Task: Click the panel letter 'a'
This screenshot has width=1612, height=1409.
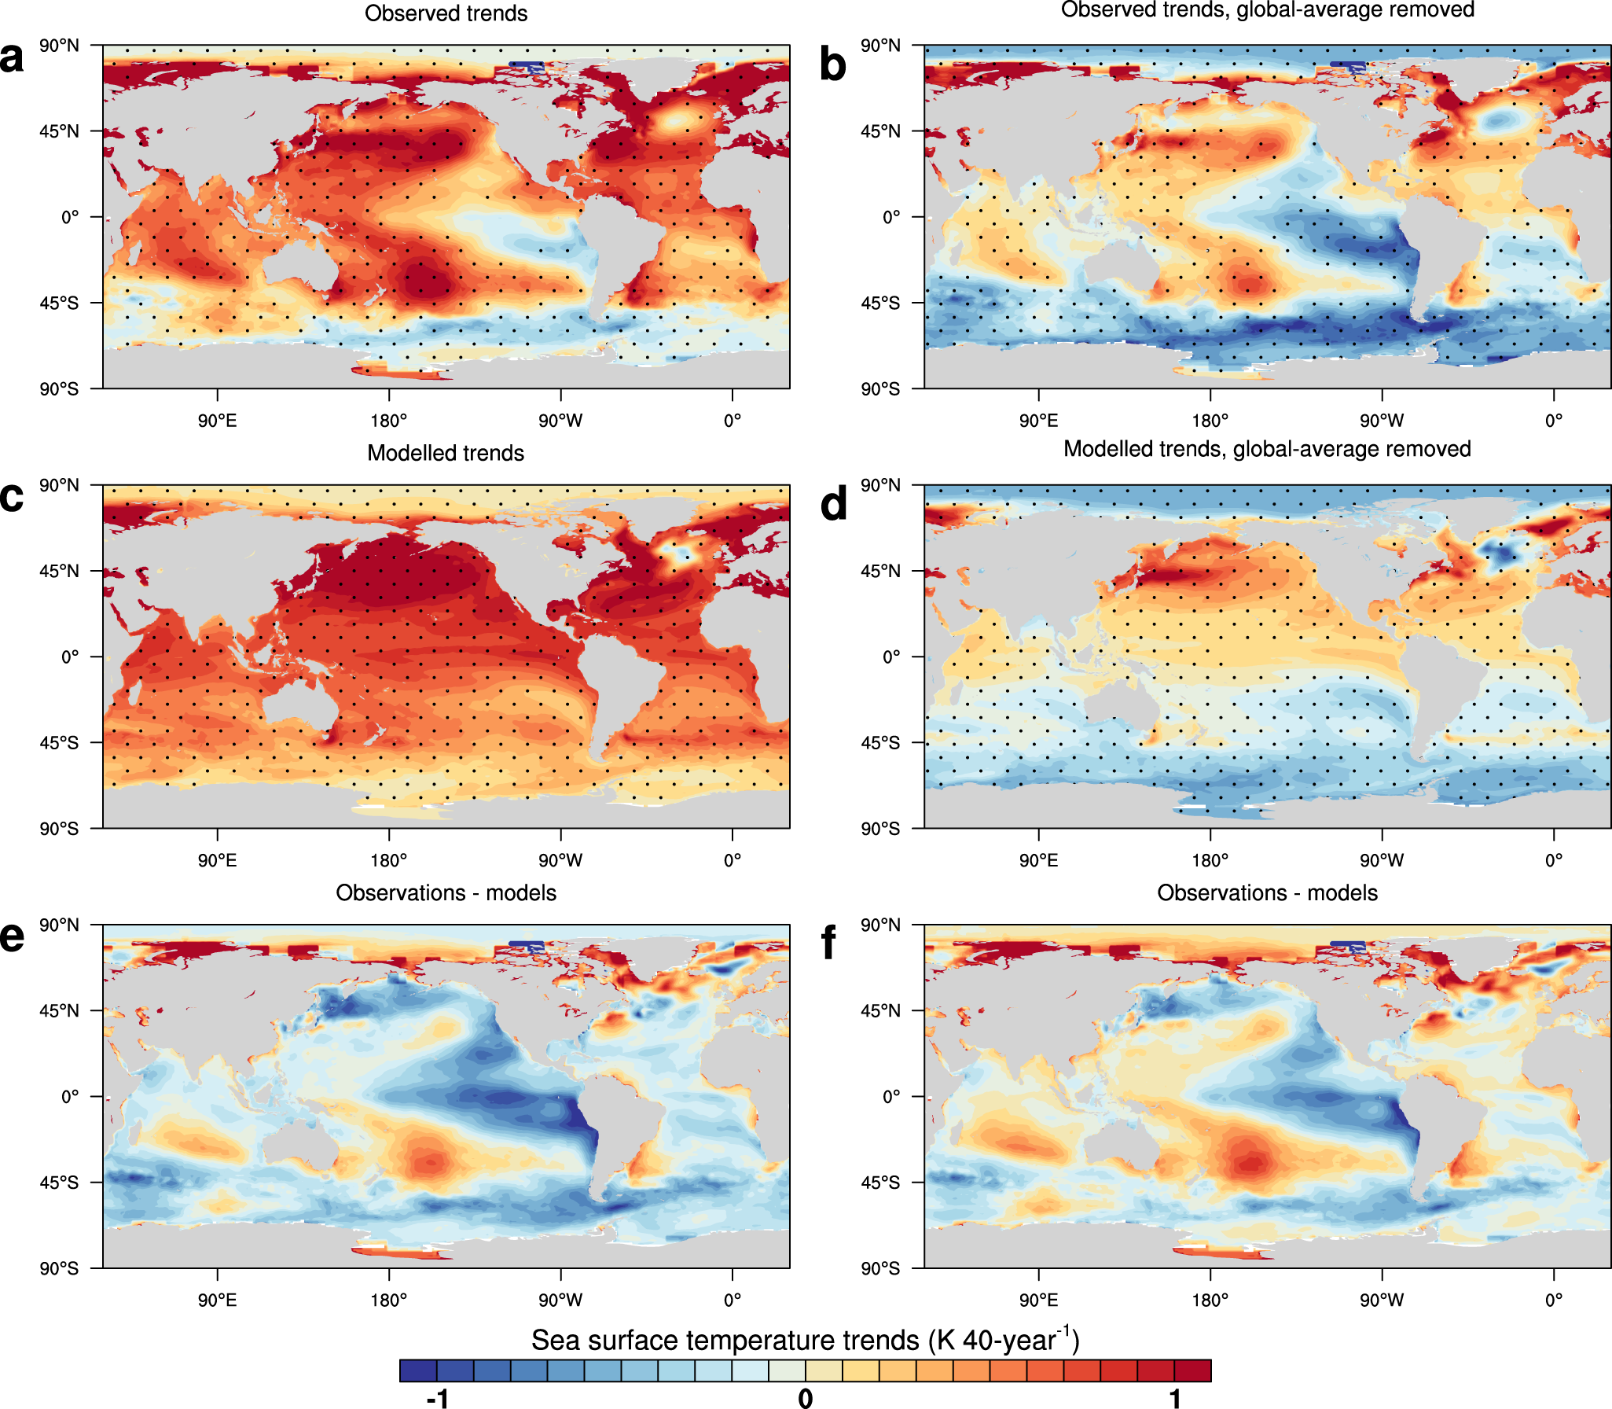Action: coord(13,58)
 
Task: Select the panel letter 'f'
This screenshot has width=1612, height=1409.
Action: coord(828,942)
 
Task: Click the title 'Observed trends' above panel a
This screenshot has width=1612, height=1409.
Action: coord(446,13)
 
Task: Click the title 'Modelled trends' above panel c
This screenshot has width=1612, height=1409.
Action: coord(446,453)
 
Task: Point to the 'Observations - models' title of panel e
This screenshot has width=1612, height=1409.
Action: coord(446,892)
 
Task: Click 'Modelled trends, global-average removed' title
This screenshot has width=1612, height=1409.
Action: coord(1267,449)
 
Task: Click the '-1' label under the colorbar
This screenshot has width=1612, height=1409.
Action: coord(437,1397)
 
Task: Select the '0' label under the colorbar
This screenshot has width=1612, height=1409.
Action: coord(806,1397)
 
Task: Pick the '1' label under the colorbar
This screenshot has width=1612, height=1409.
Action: coord(1175,1397)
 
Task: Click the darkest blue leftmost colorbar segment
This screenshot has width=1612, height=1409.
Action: coord(418,1370)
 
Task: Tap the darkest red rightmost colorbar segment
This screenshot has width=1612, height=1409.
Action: coord(1193,1370)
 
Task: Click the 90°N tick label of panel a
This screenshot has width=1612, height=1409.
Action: coord(60,46)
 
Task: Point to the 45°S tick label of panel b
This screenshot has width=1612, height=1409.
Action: coord(880,303)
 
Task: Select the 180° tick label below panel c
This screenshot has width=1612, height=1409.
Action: coord(389,860)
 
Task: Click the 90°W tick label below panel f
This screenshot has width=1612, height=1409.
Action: coord(1382,1300)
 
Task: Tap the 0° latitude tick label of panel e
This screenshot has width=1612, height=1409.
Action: coord(70,1096)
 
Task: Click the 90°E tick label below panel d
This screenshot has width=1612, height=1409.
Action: coord(1038,860)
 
